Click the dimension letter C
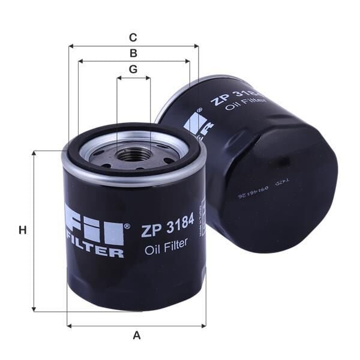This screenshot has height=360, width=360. pos(133,37)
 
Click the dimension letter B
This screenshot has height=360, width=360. pos(133,53)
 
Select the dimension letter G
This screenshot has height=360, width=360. pos(133,69)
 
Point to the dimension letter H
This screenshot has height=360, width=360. pos(23,230)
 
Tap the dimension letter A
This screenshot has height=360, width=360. pos(136,335)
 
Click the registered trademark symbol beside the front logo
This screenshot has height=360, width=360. pos(127,227)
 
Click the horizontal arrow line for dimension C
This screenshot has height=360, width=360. pos(133,46)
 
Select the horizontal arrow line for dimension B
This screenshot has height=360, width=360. pos(133,61)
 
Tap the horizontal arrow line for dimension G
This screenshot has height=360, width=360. pos(133,77)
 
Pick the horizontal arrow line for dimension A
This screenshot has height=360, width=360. pos(136,326)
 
